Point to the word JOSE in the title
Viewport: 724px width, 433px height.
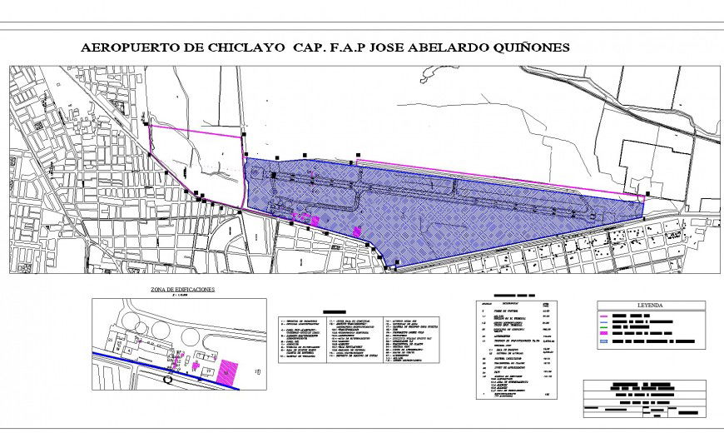click(x=378, y=48)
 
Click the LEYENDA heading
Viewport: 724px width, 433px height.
click(x=651, y=305)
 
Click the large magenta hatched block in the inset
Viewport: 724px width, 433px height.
click(x=226, y=366)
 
